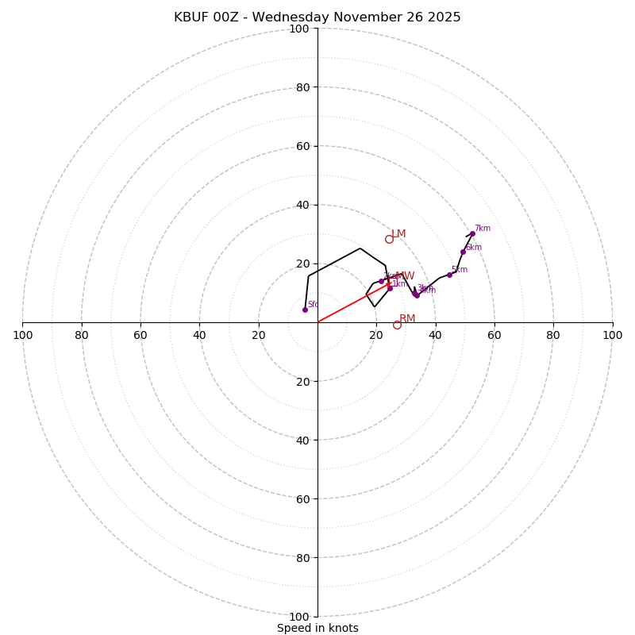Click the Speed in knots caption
coord(317,628)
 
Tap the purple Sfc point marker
coord(305,310)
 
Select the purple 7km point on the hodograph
coord(472,233)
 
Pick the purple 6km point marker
coord(463,252)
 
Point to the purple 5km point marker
coord(449,275)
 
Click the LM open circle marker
coord(389,239)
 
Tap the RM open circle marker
coord(397,325)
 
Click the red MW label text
coord(405,276)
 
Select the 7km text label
coord(483,229)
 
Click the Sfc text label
coord(313,305)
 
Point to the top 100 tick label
coord(299,29)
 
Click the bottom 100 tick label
coord(299,616)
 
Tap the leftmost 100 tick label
coord(23,335)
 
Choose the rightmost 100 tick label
coord(612,335)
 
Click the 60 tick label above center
coord(302,146)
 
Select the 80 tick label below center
coord(302,557)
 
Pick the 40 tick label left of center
coord(199,335)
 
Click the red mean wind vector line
coord(353,302)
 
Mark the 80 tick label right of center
coord(553,335)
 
